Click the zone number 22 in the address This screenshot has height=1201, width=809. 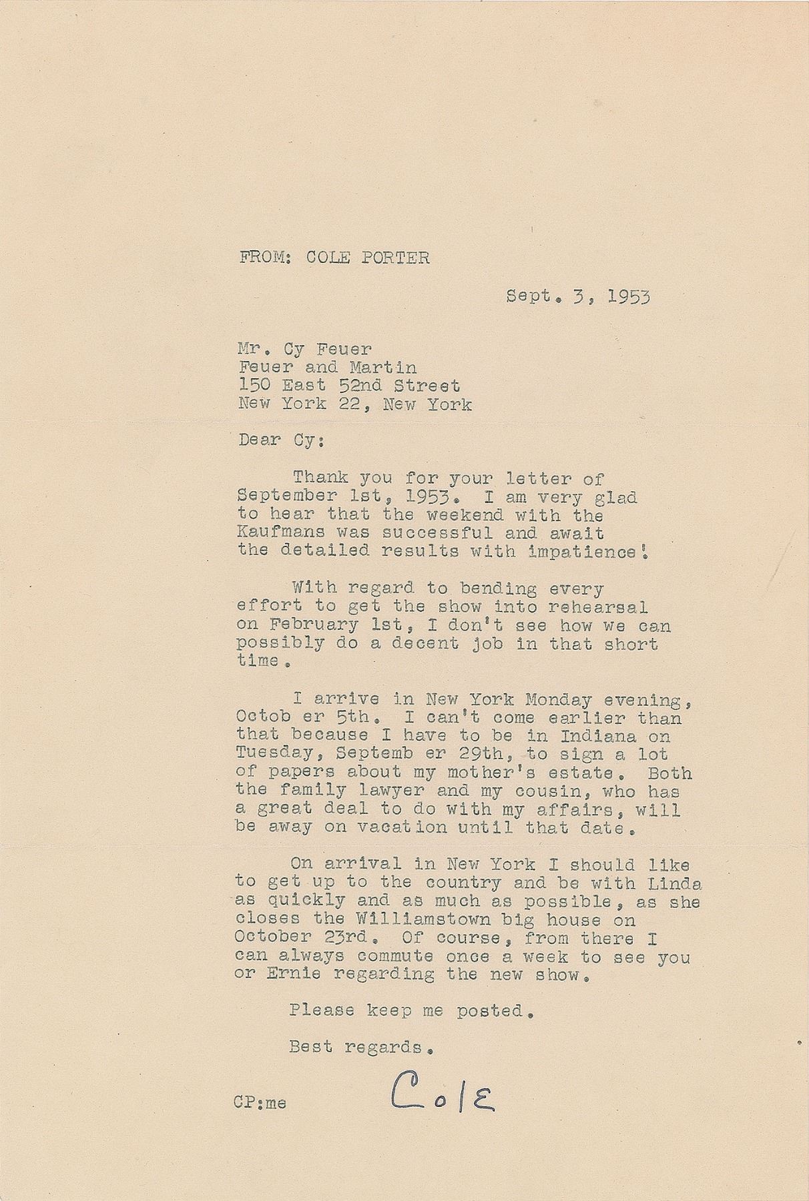coord(352,404)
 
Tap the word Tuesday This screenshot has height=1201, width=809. coord(266,755)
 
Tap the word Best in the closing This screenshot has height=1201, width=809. coord(310,1048)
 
